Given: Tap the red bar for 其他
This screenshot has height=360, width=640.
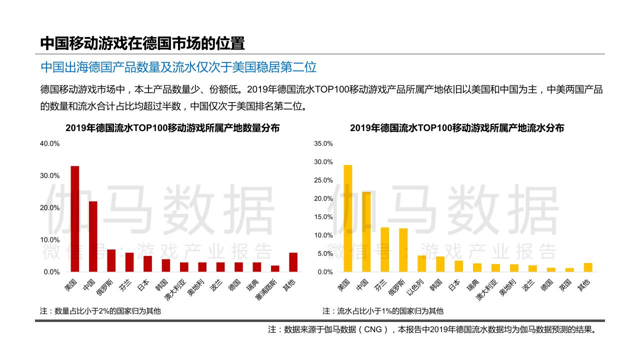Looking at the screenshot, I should click(x=293, y=262).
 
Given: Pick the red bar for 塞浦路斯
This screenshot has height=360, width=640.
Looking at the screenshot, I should click(x=275, y=268).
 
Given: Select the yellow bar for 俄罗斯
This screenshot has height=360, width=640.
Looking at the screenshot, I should click(x=403, y=250).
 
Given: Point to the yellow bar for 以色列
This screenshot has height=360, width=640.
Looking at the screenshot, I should click(x=421, y=263).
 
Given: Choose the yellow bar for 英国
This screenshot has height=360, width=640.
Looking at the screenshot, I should click(x=569, y=270).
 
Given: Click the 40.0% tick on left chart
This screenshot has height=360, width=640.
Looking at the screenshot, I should click(x=49, y=143).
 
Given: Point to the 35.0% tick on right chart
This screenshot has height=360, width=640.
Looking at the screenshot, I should click(x=323, y=143).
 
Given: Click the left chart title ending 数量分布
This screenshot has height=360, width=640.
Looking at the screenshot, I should click(x=172, y=128).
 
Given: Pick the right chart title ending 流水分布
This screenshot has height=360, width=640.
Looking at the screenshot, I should click(x=456, y=128).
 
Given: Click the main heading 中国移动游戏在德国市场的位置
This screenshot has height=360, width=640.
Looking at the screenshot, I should click(x=142, y=43).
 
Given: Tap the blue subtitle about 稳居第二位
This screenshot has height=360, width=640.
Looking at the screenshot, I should click(x=178, y=67).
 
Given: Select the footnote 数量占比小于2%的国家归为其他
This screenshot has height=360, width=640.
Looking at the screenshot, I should click(x=100, y=311).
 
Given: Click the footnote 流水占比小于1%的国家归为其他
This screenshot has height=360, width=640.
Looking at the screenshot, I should click(x=382, y=311).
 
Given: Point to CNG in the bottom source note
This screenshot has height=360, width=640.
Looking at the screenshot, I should click(x=372, y=329).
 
